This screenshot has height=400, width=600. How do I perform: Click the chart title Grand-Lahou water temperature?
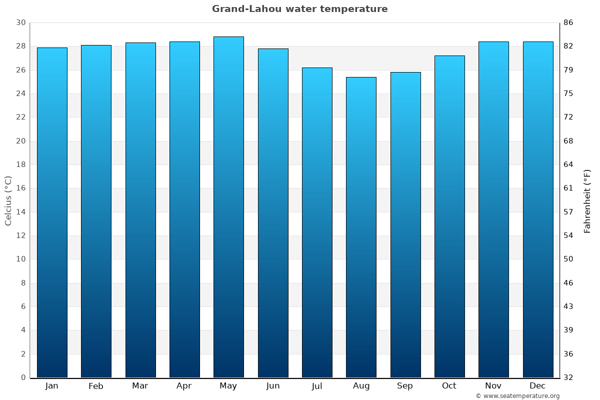299,9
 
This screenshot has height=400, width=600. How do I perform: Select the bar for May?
228,207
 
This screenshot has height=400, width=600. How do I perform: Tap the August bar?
361,227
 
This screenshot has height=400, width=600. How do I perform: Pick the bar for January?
52,212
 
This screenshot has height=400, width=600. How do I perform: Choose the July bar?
317,222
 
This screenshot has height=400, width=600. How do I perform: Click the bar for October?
449,216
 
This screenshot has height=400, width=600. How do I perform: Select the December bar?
538,209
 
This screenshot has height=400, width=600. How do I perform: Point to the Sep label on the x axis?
405,386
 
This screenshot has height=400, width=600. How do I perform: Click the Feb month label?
96,386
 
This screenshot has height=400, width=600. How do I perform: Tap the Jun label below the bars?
273,386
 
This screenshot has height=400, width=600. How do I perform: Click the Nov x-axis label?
493,386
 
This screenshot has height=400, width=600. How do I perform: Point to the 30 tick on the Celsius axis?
20,23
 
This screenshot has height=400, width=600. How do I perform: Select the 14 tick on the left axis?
20,212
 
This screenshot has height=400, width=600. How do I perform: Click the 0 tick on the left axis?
23,377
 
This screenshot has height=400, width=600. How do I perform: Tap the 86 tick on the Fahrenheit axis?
568,23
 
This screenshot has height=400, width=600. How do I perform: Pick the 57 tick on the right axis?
568,212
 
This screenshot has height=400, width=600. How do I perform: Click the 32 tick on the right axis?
568,377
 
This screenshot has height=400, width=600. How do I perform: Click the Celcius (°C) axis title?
8,200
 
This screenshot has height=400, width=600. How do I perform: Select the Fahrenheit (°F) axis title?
587,200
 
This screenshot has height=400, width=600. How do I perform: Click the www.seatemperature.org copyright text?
517,396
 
